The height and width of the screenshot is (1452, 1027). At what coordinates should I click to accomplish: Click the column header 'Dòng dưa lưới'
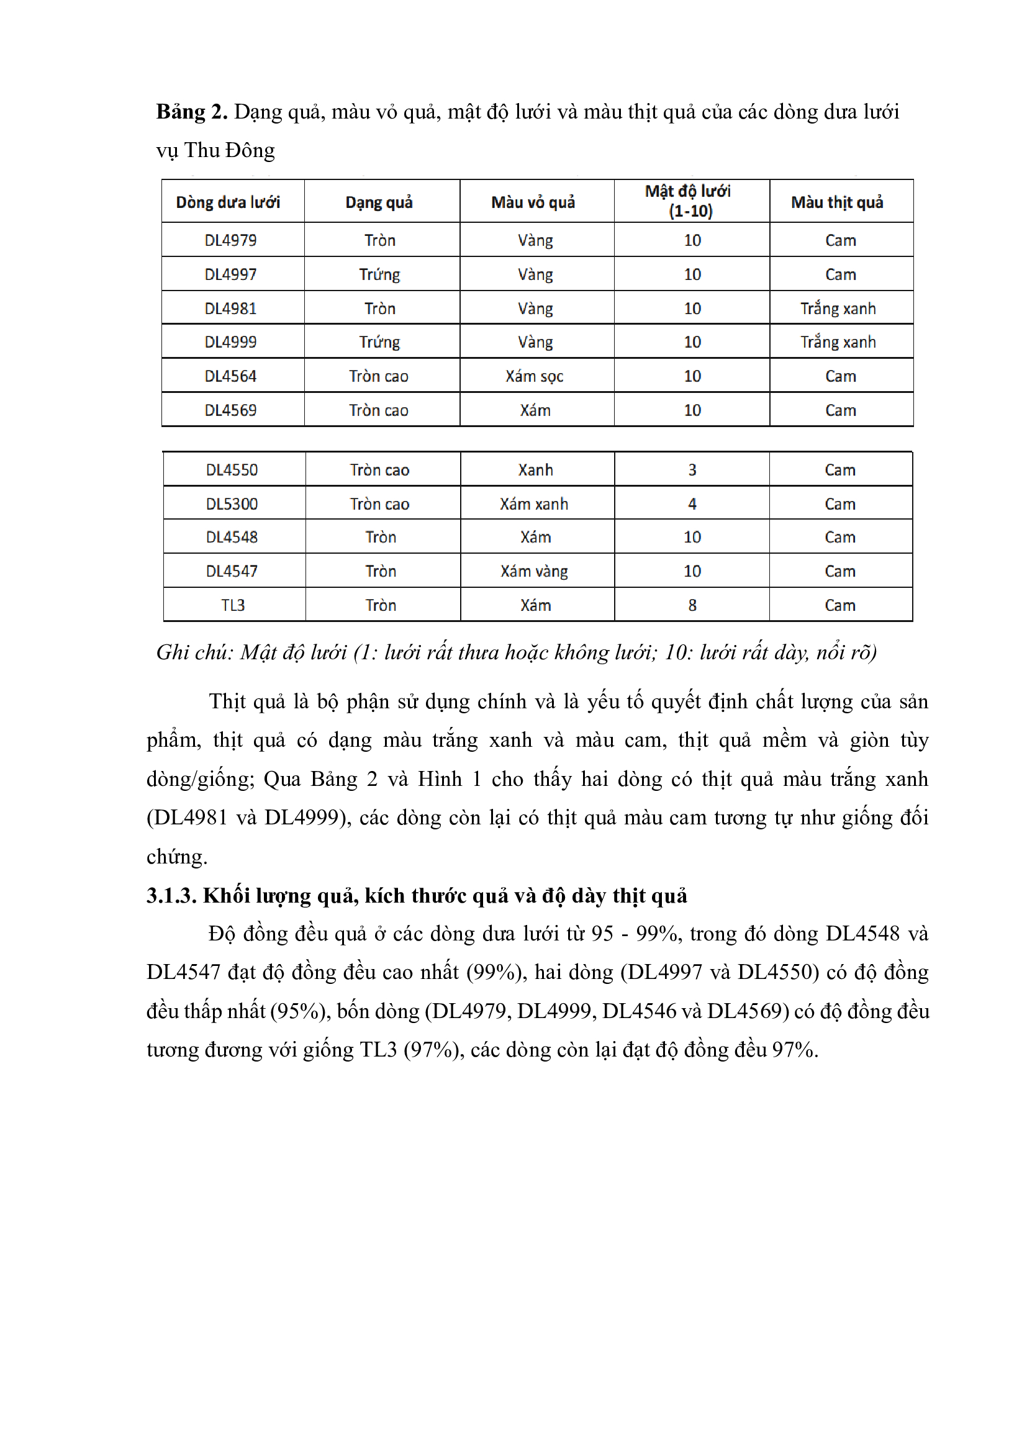pos(228,202)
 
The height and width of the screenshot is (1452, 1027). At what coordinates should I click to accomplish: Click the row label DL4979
pos(230,240)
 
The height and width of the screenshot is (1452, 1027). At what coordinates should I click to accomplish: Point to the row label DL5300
pos(232,504)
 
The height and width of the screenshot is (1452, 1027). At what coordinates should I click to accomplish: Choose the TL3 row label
pos(233,605)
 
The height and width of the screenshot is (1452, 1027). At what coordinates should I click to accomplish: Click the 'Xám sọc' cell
pos(535,376)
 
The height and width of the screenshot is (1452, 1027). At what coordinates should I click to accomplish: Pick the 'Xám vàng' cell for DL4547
pos(535,571)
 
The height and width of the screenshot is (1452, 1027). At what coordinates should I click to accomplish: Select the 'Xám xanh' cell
pos(535,504)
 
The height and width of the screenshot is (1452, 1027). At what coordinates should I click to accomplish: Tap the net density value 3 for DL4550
pos(692,470)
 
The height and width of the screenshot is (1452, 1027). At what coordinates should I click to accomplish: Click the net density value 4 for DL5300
pos(692,504)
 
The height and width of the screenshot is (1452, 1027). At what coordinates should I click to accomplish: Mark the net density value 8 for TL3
pos(692,605)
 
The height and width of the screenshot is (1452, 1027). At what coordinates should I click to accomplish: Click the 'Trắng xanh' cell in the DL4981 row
pos(838,309)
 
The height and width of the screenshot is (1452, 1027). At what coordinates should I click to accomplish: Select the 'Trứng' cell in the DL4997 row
pos(379,274)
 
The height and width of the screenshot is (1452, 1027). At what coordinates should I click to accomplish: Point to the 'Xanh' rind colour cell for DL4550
pos(536,470)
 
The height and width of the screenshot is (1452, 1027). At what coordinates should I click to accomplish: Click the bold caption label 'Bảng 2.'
pos(192,112)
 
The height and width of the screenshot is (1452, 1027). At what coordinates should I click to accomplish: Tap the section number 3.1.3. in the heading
pos(171,896)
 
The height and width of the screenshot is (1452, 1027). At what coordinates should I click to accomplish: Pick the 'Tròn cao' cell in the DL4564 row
pos(379,376)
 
